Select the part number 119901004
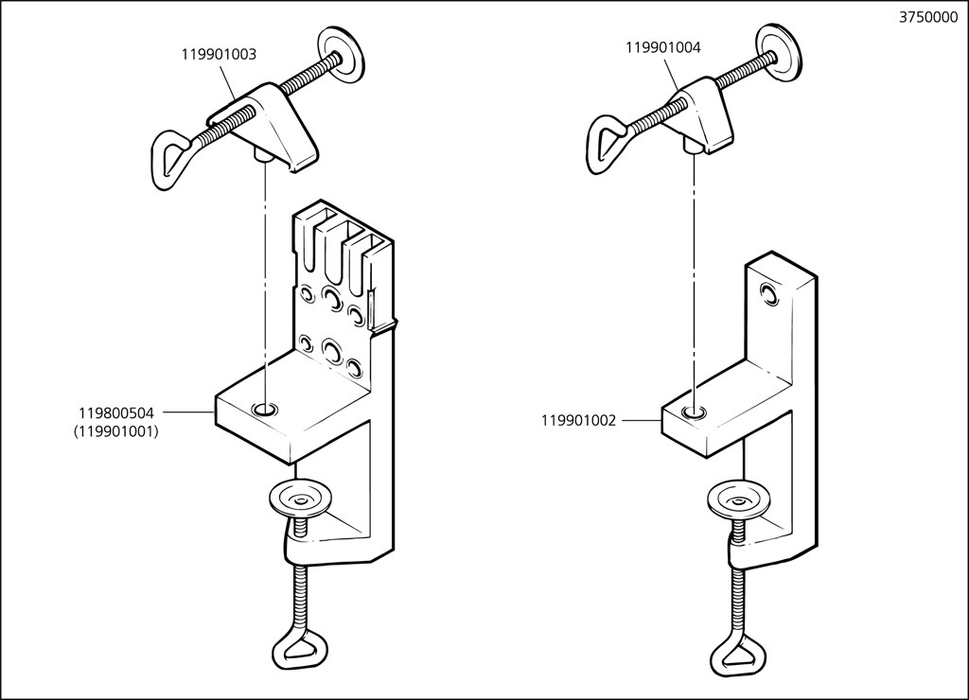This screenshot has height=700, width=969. [x=662, y=47]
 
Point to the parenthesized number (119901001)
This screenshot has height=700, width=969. [x=115, y=431]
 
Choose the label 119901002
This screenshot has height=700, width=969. [x=578, y=420]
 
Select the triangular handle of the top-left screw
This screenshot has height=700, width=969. [x=172, y=152]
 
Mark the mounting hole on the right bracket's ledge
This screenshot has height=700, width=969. [x=696, y=411]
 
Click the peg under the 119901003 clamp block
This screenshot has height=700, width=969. [x=262, y=156]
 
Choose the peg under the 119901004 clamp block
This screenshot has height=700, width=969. [x=696, y=143]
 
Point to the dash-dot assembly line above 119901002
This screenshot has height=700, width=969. [x=696, y=274]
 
